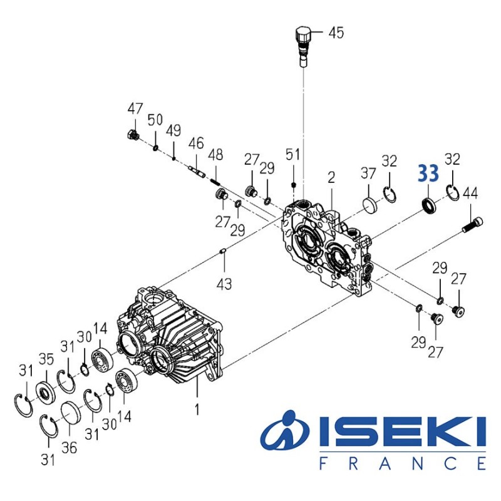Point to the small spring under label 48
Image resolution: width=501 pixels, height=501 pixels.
[x=215, y=180]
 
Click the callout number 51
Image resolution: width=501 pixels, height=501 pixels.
[x=294, y=154]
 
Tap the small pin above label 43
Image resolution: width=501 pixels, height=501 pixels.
[x=224, y=252]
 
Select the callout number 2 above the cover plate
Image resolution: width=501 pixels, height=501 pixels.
[x=331, y=178]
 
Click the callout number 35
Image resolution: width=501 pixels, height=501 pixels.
[x=45, y=359]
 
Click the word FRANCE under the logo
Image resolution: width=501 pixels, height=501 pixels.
[x=402, y=464]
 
